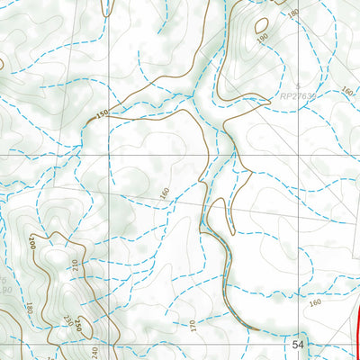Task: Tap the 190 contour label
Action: (262, 40)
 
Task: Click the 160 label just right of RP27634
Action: (348, 92)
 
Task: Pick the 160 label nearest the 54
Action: (313, 303)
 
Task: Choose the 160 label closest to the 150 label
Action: (164, 193)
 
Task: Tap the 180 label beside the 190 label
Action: (292, 13)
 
